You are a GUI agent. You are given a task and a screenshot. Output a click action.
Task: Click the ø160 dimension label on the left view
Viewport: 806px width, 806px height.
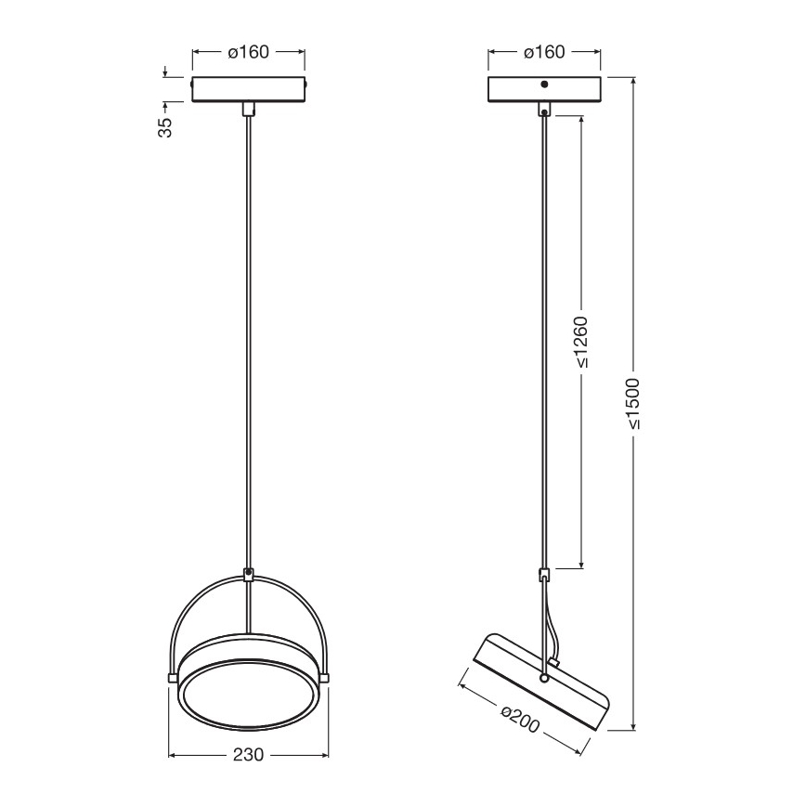pos(248,52)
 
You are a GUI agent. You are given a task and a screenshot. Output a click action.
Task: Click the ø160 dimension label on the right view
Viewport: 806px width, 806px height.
pos(544,52)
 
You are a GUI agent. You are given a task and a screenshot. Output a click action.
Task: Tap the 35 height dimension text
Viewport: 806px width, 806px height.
pos(165,126)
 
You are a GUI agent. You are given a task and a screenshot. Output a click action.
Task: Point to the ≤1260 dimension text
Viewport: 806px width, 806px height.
pos(581,344)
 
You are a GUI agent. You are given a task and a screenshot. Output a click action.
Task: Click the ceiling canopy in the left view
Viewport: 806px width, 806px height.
pos(248,88)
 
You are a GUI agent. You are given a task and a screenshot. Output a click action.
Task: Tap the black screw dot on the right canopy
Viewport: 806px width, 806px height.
pos(544,84)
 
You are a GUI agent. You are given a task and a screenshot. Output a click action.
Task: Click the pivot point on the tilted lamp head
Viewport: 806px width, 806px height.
pos(544,679)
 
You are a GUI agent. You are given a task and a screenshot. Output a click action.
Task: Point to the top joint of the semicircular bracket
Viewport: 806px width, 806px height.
pos(248,575)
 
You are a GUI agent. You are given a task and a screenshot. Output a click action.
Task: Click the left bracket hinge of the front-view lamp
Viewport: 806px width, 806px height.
pos(172,676)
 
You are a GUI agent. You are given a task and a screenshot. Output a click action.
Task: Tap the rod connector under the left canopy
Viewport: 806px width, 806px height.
pos(248,109)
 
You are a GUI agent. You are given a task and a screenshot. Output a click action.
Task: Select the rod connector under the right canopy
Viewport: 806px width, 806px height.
pos(544,110)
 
